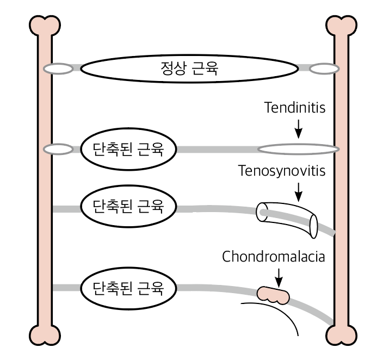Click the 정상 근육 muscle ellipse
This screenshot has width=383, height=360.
point(190,69)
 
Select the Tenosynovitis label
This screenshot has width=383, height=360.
point(282,171)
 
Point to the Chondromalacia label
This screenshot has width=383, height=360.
point(273,256)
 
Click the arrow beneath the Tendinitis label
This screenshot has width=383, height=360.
point(298,128)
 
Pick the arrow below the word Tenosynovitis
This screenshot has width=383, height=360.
point(298,191)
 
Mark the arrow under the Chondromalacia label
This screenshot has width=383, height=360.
point(279,276)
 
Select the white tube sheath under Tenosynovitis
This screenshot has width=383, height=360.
point(287,219)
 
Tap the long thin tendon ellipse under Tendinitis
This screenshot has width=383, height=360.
point(298,148)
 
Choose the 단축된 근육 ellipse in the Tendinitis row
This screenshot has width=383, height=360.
point(128,148)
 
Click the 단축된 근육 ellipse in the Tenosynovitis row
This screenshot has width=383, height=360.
point(128,207)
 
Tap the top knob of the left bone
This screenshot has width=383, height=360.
point(44,24)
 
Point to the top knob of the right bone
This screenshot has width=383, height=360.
point(341,24)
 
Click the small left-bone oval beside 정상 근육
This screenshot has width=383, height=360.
point(58,69)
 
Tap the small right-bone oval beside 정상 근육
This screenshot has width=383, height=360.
point(325,69)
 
